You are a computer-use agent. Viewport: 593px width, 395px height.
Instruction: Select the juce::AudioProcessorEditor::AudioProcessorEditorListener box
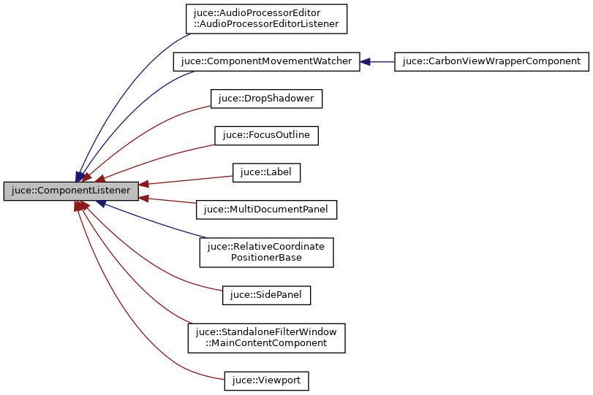[266, 19]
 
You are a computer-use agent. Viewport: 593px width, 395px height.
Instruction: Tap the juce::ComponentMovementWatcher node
[266, 62]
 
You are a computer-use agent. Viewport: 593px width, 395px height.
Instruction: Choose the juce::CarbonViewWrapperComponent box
[491, 62]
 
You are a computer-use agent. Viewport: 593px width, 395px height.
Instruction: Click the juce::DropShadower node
[266, 99]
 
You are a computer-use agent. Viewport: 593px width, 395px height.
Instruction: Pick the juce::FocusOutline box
[266, 135]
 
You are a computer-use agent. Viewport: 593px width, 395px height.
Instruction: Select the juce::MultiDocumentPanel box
[266, 210]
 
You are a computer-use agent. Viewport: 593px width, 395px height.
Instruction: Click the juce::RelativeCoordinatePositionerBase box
[266, 252]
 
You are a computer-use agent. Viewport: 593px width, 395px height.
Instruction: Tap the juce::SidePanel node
[266, 295]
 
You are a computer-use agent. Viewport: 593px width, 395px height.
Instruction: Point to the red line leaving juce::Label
[190, 179]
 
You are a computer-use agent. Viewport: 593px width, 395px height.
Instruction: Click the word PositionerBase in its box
[266, 258]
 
